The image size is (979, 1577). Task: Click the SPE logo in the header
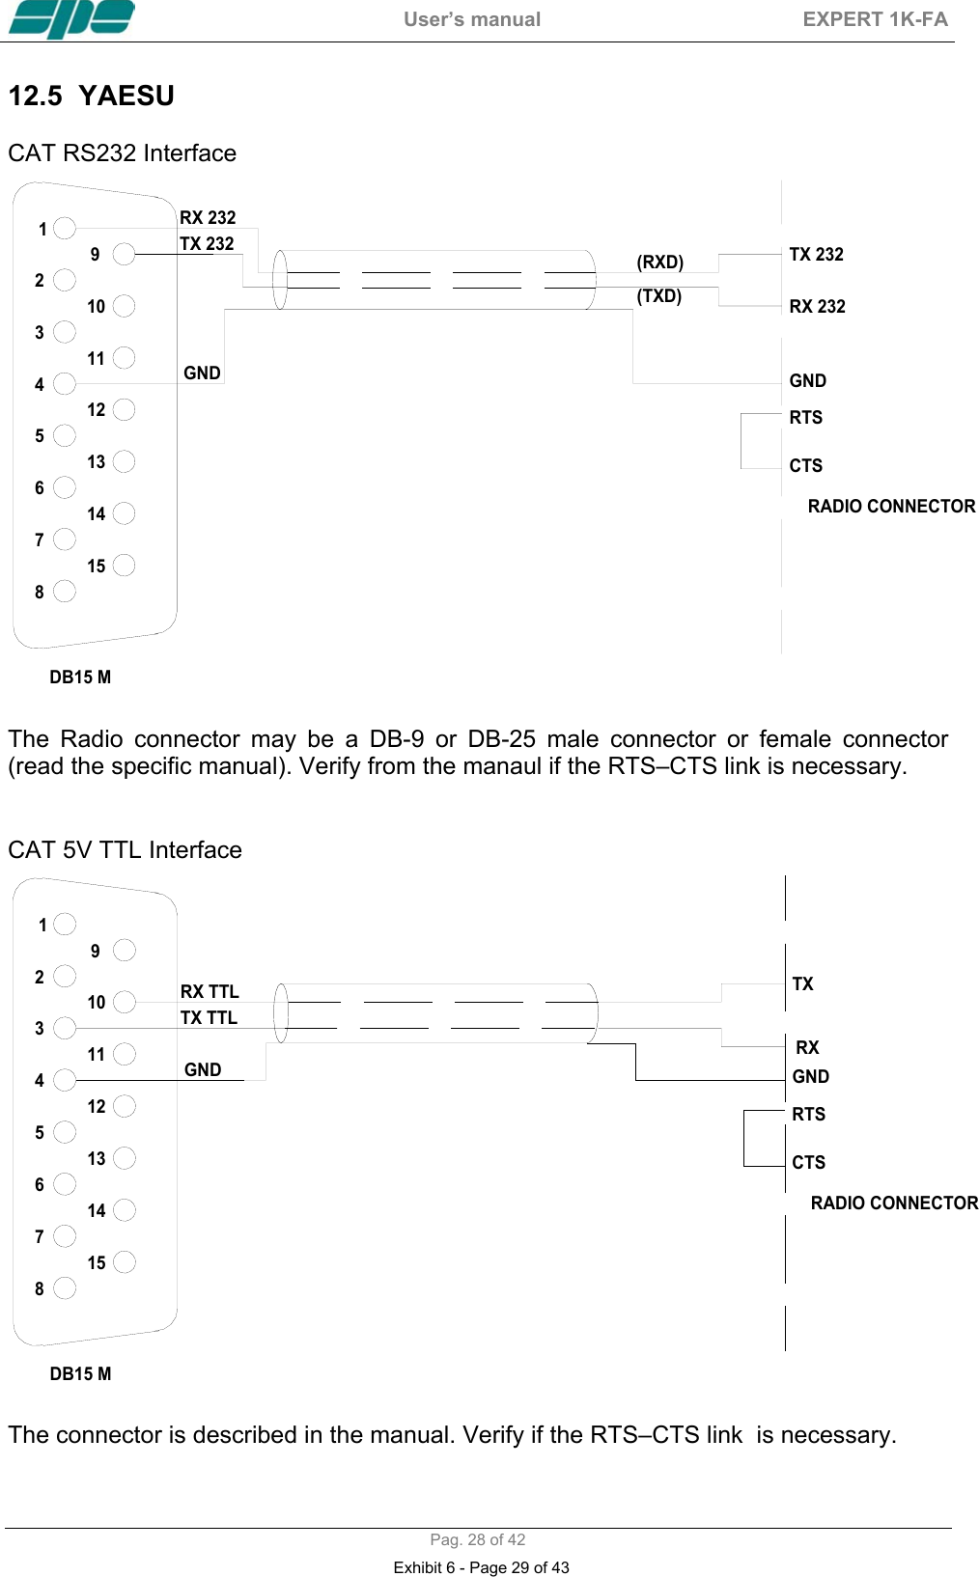click(x=71, y=19)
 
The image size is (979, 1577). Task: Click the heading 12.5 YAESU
click(x=92, y=97)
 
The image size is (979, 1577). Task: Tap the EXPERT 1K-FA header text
click(x=875, y=19)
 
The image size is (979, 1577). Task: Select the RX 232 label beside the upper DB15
click(x=208, y=218)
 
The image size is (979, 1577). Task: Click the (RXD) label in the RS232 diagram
click(x=659, y=263)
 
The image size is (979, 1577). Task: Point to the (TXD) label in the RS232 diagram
click(x=658, y=296)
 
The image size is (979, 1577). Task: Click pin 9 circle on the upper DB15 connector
click(x=124, y=254)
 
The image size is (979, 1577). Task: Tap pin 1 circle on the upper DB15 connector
click(x=65, y=228)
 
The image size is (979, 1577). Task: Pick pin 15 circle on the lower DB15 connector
click(x=124, y=1262)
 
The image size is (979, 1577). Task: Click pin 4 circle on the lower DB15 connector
click(x=65, y=1080)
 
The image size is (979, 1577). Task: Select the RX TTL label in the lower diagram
click(x=210, y=992)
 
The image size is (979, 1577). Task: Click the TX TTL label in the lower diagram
click(x=209, y=1018)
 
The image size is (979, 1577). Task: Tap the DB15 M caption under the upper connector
click(x=80, y=678)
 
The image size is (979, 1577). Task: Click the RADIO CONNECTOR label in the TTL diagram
click(x=894, y=1203)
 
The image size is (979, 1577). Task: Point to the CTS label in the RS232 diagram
click(x=806, y=466)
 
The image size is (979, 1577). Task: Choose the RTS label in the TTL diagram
click(x=809, y=1115)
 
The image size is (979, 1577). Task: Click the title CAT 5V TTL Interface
click(x=125, y=850)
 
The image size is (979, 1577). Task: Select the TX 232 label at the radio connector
click(x=816, y=255)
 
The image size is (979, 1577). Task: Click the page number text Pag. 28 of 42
click(x=478, y=1540)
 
